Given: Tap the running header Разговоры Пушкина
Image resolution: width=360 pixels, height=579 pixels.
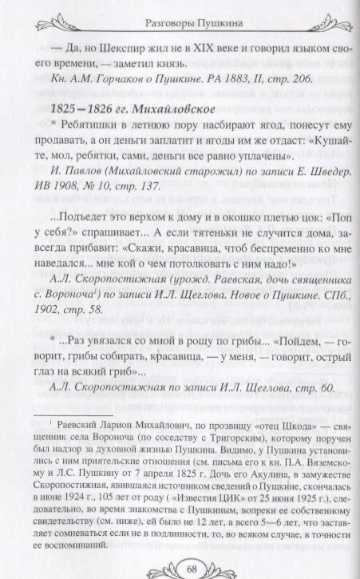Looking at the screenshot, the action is (179, 10).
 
